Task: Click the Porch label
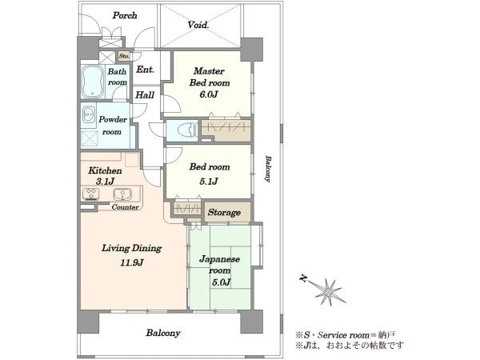point(125,16)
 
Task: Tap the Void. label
point(198,25)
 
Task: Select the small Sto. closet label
point(124,56)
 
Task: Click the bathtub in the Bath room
point(93,82)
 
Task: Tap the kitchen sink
point(122,194)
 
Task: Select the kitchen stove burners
point(90,194)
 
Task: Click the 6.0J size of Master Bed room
point(209,94)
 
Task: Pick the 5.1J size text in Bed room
point(209,182)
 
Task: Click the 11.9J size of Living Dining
point(132,262)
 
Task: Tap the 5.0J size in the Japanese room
point(221,282)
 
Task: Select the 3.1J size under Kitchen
point(105,182)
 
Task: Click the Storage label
point(224,213)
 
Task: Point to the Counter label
point(125,207)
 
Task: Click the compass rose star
point(328,291)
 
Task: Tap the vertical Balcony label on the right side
point(267,169)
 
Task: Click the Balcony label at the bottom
point(163,333)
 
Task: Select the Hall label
point(145,95)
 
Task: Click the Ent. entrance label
point(145,70)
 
